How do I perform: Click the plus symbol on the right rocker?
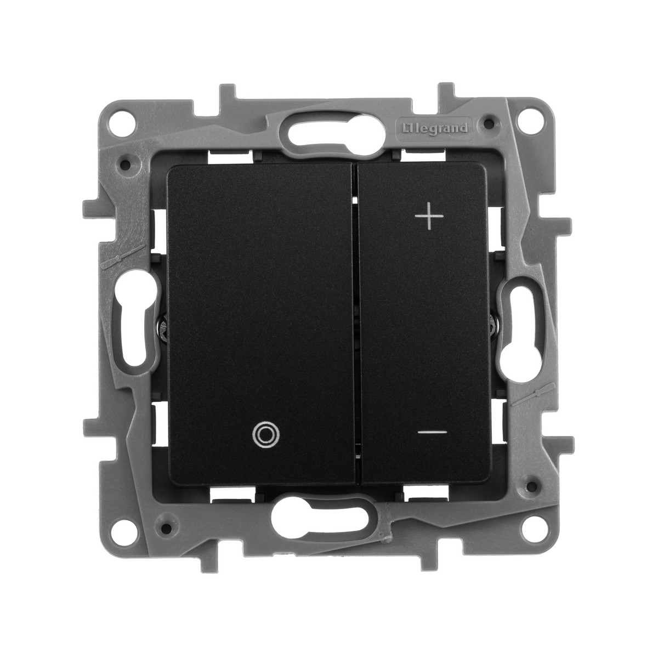click(429, 216)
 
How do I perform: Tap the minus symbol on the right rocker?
click(432, 432)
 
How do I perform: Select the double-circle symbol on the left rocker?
click(265, 435)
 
